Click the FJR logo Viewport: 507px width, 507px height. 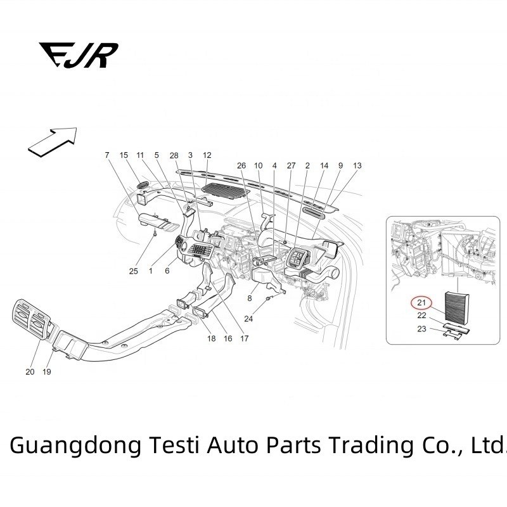78,55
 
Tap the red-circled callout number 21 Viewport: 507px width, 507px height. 421,302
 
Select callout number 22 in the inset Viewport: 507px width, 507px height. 421,315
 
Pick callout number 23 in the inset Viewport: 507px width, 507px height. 421,328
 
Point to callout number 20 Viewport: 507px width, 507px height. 30,372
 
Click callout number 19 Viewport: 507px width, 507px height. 46,372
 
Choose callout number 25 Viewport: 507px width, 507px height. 134,271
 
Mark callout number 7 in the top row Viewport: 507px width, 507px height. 107,155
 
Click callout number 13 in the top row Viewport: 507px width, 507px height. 357,165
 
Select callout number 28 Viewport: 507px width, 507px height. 174,155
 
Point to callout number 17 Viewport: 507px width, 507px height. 244,338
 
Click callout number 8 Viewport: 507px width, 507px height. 249,298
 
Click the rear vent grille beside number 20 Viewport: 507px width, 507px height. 29,322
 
